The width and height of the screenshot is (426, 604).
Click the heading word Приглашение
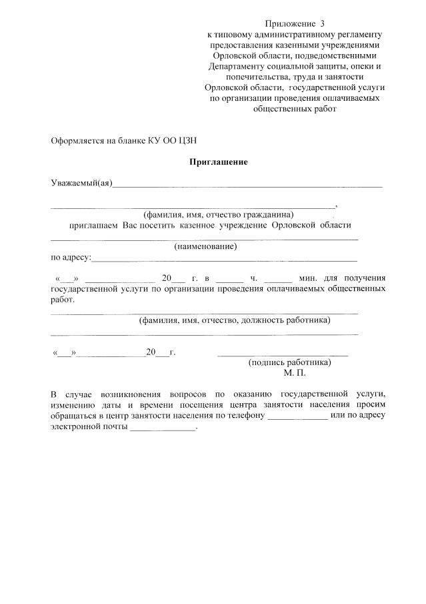(219, 162)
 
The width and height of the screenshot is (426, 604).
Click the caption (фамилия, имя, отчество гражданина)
(219, 215)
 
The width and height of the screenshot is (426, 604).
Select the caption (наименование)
(206, 246)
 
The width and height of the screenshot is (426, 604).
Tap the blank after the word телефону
(297, 415)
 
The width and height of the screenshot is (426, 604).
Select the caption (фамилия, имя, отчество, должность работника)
(235, 320)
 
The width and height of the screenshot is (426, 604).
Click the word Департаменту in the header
(240, 67)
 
